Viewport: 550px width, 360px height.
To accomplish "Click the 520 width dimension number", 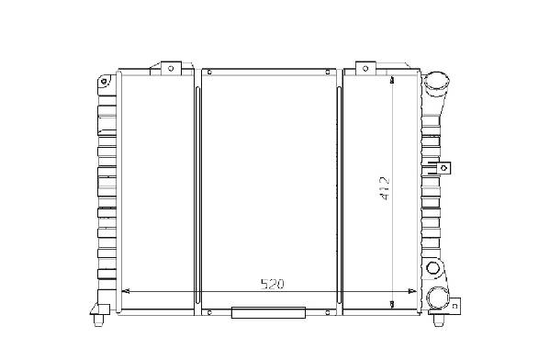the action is pyautogui.click(x=272, y=284).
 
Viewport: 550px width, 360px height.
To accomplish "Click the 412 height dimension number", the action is pyautogui.click(x=385, y=188).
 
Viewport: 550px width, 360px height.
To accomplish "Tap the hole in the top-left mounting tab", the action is pyautogui.click(x=171, y=69).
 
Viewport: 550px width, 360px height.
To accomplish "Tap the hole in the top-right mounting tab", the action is pyautogui.click(x=365, y=69).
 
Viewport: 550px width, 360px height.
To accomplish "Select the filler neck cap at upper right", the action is pyautogui.click(x=437, y=84).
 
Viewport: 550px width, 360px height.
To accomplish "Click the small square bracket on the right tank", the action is pyautogui.click(x=443, y=168).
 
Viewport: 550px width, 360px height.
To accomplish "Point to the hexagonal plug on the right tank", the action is pyautogui.click(x=433, y=268).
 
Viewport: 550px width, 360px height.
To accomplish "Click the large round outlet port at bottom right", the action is pyautogui.click(x=437, y=298).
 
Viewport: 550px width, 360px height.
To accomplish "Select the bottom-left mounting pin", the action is pyautogui.click(x=98, y=320).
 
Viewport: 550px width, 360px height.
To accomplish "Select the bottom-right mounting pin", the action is pyautogui.click(x=439, y=320).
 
